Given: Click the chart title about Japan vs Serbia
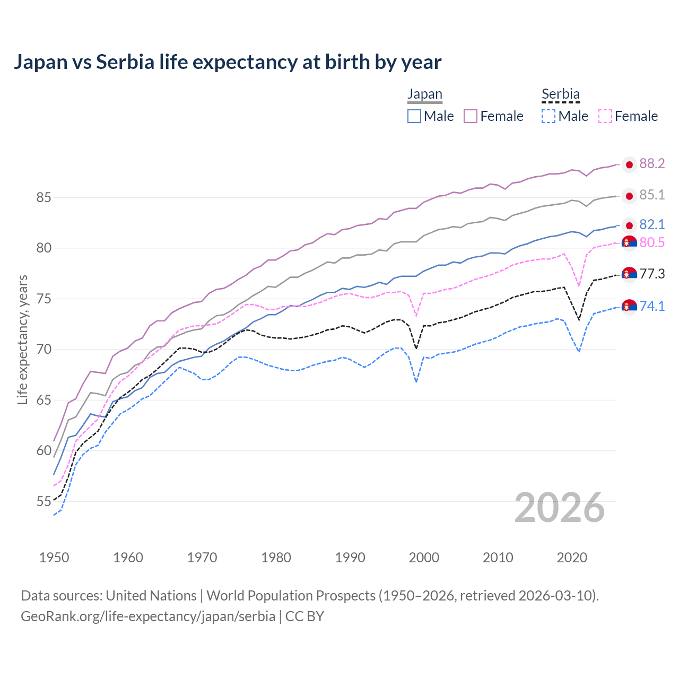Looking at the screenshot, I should coord(227,62).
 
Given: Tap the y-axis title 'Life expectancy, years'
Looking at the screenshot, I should coord(22,339).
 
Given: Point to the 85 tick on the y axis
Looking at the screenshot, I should coord(43,198).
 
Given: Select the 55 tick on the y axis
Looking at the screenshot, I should coord(43,501).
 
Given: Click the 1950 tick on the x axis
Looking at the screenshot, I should coord(54,558).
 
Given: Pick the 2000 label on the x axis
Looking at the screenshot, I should coord(424,558).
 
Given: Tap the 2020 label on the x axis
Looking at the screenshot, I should coord(572,558).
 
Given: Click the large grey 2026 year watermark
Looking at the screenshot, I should coord(559,508).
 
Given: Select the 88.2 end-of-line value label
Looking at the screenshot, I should coord(652,164).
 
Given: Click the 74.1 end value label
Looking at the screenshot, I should coord(652,306).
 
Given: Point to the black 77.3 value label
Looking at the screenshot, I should coord(652,274).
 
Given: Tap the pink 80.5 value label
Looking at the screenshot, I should coord(652,242).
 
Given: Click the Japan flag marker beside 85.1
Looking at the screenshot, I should coord(629,196).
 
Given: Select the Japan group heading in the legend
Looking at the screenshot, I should coord(424,94).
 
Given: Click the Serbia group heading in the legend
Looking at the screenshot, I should coord(560,94).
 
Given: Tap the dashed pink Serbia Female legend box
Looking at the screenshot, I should coord(605,116).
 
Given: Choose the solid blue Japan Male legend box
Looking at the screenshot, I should coord(414,116).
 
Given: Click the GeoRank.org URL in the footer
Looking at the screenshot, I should coord(148,616).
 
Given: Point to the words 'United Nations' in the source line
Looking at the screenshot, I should coord(151,596).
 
